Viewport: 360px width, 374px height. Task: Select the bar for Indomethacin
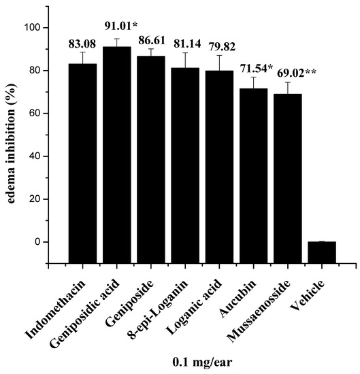pyautogui.click(x=82, y=163)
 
